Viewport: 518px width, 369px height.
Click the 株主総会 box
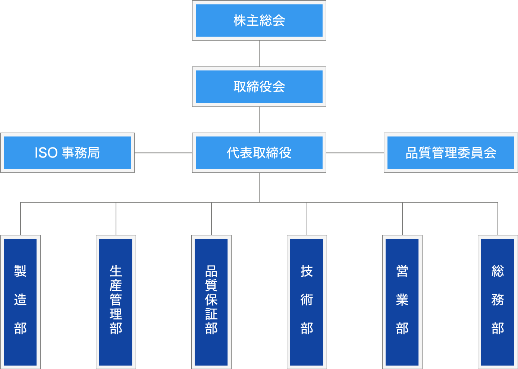259,20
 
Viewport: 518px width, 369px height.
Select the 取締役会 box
259,87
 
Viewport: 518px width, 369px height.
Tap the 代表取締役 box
259,153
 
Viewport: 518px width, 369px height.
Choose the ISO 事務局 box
67,153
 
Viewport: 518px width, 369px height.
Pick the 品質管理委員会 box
450,153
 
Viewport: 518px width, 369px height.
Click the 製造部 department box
20,302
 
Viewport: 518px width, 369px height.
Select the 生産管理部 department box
116,302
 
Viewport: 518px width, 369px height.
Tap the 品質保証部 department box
211,302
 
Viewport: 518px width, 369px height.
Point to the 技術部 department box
307,302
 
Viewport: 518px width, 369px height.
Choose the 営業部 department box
402,302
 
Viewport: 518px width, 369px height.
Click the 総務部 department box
497,302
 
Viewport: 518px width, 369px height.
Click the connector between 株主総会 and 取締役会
259,53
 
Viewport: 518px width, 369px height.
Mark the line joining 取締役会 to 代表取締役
259,120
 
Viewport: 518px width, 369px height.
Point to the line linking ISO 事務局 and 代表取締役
163,153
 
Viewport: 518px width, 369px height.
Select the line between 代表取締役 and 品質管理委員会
355,153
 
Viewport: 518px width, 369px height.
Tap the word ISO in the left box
46,153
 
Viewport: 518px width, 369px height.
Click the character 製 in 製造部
20,271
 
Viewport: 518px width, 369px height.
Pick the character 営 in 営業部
402,271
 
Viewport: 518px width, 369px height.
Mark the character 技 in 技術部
307,271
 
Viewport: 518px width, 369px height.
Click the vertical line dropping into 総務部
498,219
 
